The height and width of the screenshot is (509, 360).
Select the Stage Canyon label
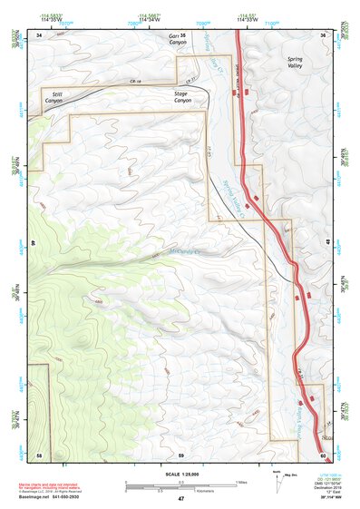186,96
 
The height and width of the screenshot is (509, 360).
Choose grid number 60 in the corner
324,453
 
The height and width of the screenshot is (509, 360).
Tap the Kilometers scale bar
180,489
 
